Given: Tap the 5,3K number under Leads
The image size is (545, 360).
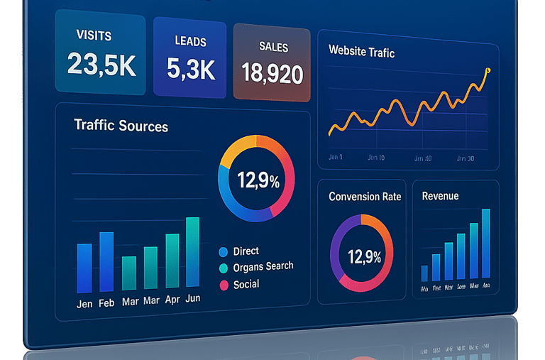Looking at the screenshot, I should [190, 68].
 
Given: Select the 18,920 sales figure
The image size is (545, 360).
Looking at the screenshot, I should [272, 72].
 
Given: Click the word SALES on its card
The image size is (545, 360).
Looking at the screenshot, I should [273, 48].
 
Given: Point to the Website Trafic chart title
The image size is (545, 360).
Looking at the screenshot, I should [361, 52].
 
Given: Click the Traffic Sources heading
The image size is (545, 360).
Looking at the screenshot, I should [121, 126].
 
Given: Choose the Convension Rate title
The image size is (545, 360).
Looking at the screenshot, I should [365, 197].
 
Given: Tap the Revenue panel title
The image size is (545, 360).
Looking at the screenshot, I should [440, 196].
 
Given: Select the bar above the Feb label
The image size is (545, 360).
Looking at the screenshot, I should [106, 262].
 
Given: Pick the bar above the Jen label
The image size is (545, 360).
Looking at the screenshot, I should [84, 268].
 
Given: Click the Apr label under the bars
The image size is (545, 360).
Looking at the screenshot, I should [172, 300].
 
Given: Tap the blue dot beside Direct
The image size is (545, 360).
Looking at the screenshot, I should [224, 251].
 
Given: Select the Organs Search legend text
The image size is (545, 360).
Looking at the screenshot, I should [263, 267].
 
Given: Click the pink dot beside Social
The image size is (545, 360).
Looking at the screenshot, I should [224, 285].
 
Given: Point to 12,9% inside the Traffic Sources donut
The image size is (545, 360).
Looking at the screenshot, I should [258, 181].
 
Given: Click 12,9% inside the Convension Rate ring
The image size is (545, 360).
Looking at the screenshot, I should [365, 257].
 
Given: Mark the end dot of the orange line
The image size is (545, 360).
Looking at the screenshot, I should [488, 70].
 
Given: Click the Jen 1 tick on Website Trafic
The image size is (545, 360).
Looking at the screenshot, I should [336, 156].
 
